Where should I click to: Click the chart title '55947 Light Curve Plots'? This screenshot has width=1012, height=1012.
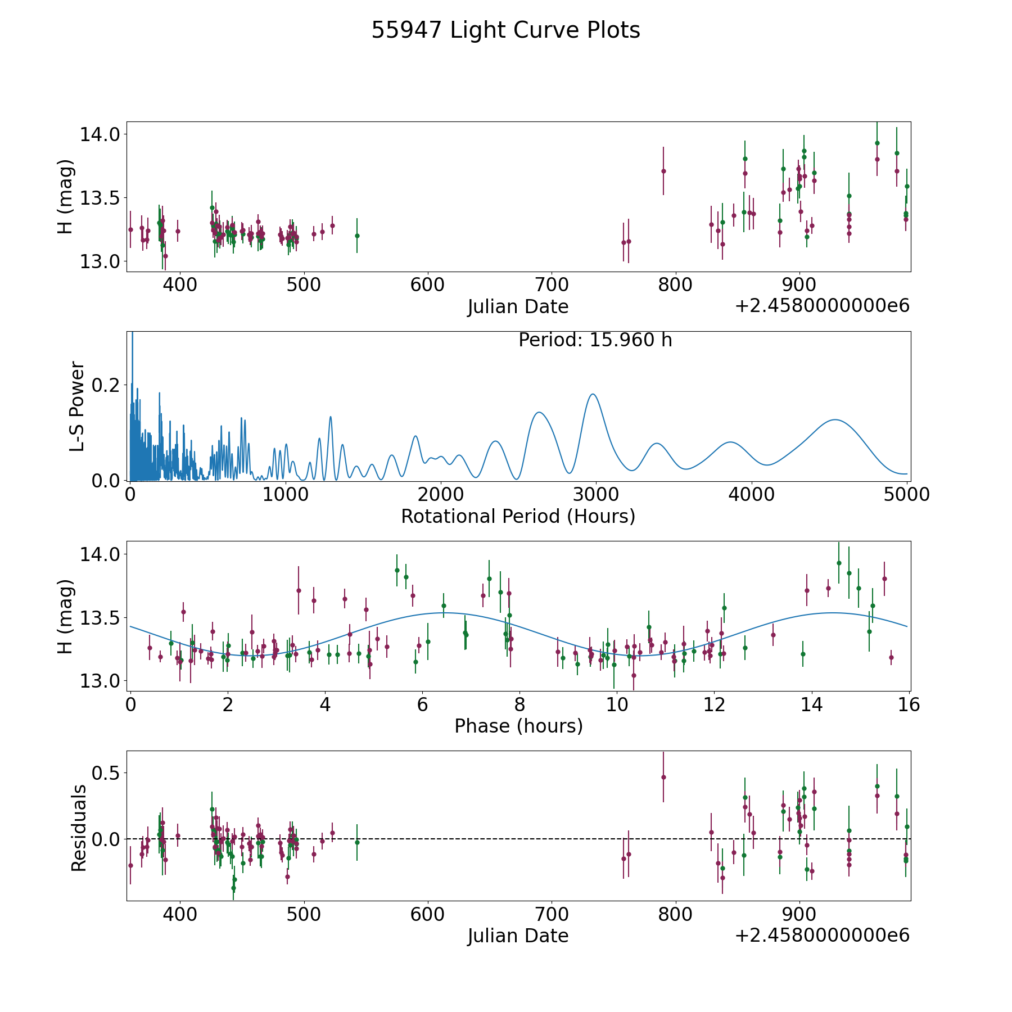coord(505,30)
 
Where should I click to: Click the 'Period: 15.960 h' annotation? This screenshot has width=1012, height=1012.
coord(595,340)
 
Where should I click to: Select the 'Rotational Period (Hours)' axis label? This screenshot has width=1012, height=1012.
coord(518,516)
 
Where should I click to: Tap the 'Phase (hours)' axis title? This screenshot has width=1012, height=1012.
coord(518,726)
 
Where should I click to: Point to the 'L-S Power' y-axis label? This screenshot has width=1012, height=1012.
coord(78,406)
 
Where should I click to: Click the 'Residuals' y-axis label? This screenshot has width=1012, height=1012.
coord(79,828)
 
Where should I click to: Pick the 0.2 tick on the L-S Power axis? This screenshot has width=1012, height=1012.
coord(106,385)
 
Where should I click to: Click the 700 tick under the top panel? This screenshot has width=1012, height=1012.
coord(552,284)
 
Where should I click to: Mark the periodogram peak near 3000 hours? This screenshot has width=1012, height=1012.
coord(593,394)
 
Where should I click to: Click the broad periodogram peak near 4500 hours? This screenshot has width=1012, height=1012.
coord(835,419)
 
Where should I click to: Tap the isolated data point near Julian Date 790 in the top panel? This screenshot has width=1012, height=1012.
coord(663,171)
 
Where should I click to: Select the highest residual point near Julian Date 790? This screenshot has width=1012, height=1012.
coord(663,777)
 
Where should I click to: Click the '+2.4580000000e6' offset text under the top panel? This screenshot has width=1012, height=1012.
coord(822,306)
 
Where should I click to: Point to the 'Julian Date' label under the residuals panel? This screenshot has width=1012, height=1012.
coord(518,936)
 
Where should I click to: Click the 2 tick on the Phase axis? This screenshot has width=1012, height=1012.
coord(228,704)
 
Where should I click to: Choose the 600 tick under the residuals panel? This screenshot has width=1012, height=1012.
coord(428,914)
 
